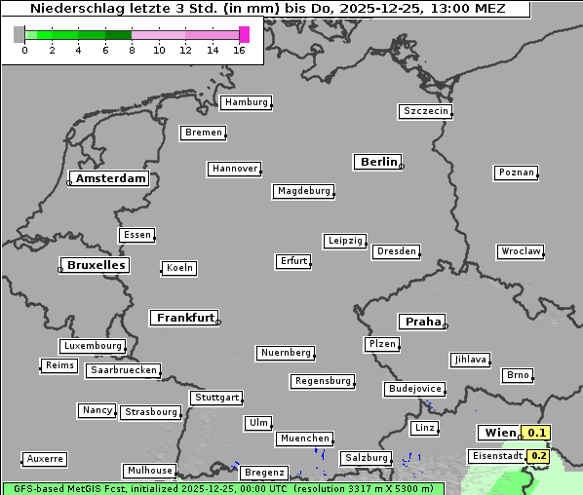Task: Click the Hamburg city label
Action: coord(246,102)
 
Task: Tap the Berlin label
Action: coord(378,162)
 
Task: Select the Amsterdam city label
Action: coord(110,178)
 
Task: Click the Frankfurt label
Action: coord(185,318)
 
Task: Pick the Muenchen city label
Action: coord(305,438)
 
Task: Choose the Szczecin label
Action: coord(426,111)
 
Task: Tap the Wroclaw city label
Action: coord(521,251)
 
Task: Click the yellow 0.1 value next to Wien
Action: coord(537,433)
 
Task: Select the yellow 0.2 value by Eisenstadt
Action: coord(539,456)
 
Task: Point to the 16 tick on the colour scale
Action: coord(240,50)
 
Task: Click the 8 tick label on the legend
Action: coord(132,50)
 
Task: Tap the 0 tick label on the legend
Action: coord(24,50)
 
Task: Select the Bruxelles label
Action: coord(96,265)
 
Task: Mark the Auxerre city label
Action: coord(45,458)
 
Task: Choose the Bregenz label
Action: coord(264,473)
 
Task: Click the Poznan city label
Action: coord(516,172)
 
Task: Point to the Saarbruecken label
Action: coord(123,370)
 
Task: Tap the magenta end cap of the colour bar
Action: coord(244,35)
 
